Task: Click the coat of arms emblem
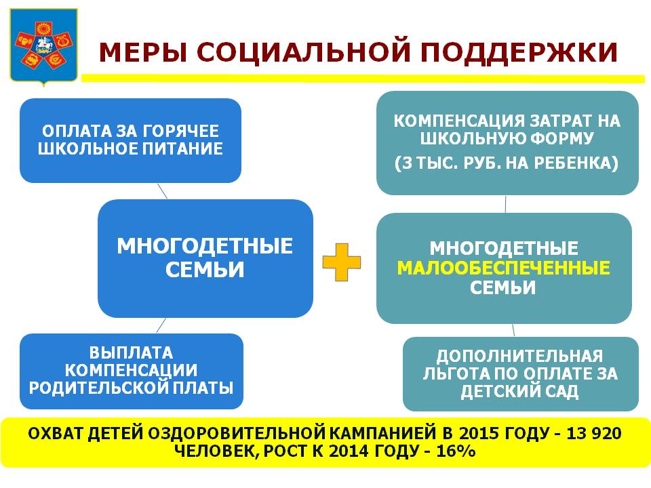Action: (x=43, y=47)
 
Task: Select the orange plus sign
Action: (x=341, y=262)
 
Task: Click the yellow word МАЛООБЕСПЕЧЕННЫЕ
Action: (x=504, y=268)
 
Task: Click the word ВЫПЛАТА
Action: (x=131, y=352)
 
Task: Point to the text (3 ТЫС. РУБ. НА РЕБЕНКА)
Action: (x=507, y=163)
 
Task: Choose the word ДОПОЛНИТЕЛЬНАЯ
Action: (x=519, y=356)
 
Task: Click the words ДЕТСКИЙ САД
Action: (x=520, y=391)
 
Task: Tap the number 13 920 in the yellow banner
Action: (x=594, y=433)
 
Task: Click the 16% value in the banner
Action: (x=456, y=451)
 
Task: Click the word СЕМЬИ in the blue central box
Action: (x=205, y=270)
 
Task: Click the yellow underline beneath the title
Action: (x=363, y=79)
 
